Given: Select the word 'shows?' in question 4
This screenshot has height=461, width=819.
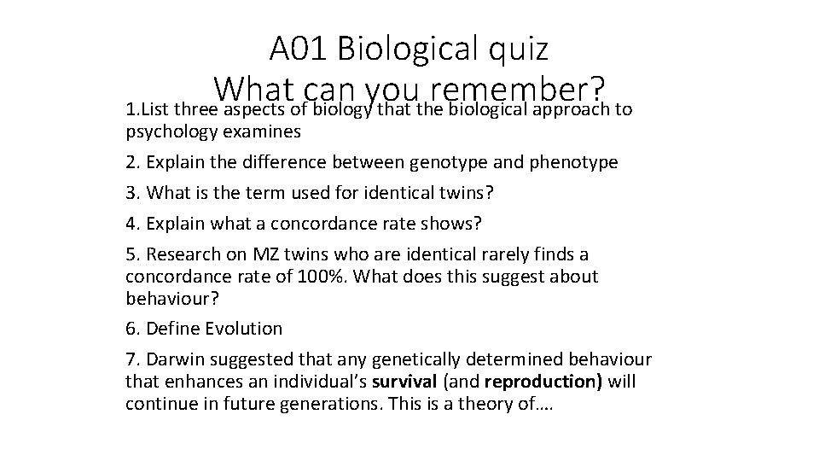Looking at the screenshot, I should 453,224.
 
